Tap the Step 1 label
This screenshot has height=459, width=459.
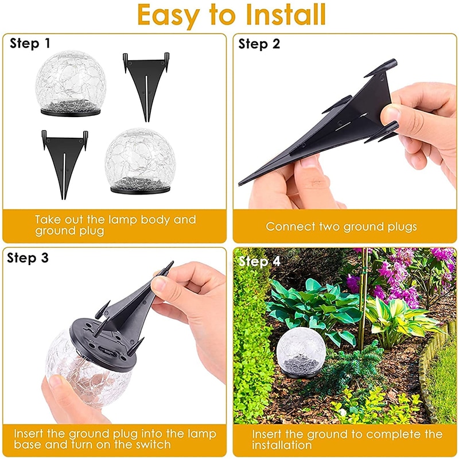coord(30,44)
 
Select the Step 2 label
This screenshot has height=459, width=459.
coord(259,44)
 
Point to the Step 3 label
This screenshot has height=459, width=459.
coord(28,258)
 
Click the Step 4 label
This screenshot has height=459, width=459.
coord(260,261)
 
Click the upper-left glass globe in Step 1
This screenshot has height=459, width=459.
coord(70,83)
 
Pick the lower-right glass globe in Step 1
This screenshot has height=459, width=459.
coord(141,161)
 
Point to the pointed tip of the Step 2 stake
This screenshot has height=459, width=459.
coord(240,184)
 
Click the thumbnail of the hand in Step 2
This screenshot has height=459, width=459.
coord(390,115)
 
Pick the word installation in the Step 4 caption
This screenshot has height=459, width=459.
coord(282,445)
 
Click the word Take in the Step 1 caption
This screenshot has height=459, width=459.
coord(48,220)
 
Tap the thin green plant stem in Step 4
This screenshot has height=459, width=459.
coord(363,298)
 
